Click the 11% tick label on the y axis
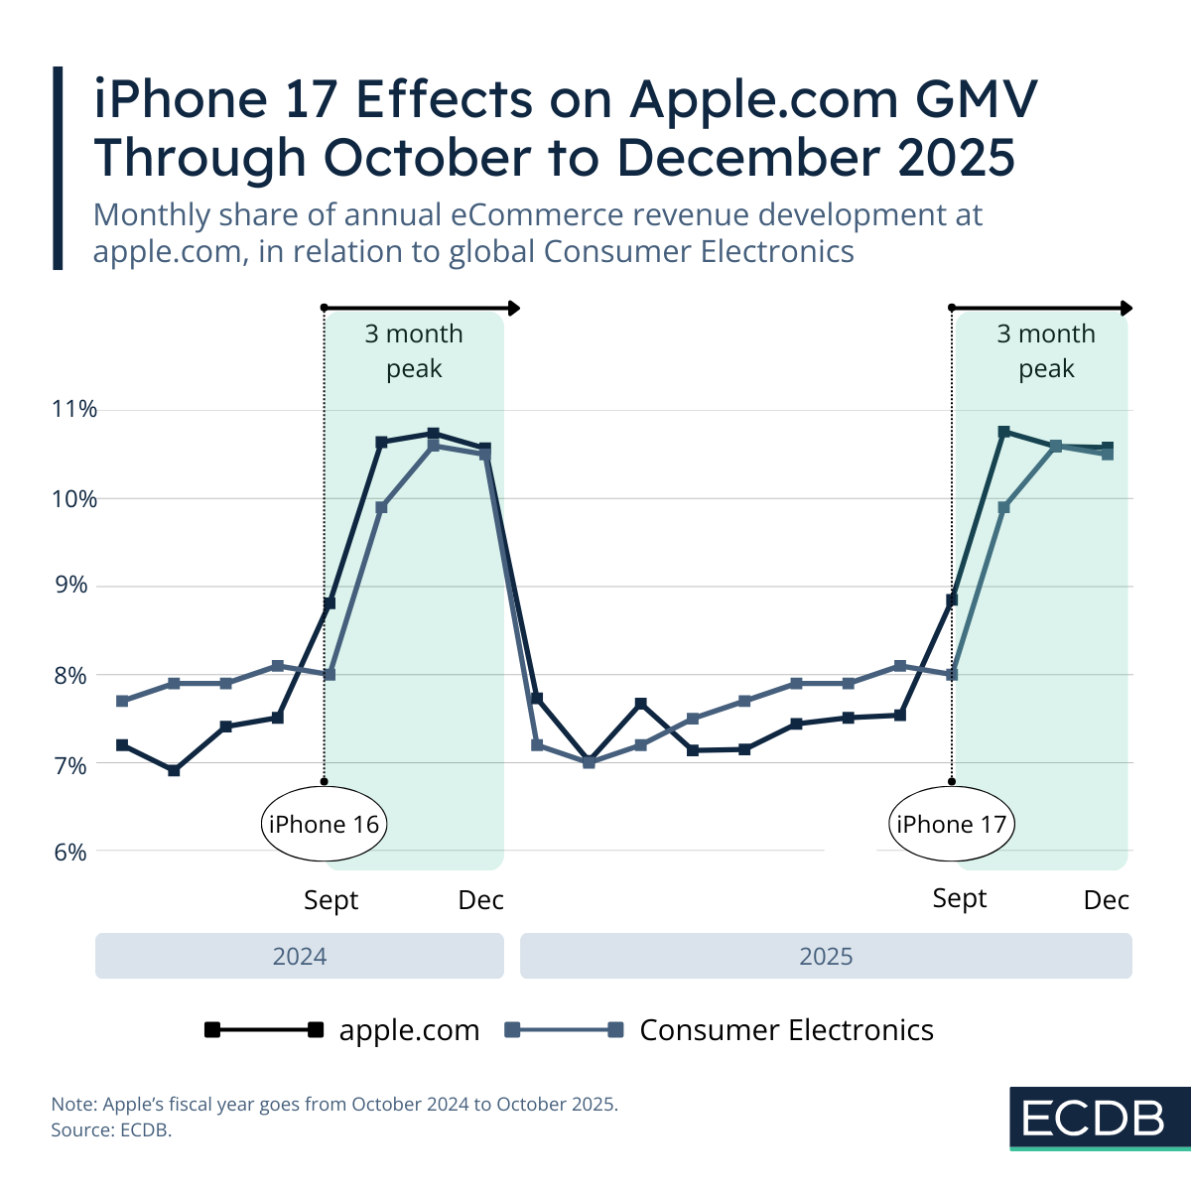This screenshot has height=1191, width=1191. pyautogui.click(x=73, y=409)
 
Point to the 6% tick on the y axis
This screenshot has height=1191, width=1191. pyautogui.click(x=70, y=853)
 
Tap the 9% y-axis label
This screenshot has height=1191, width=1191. pyautogui.click(x=70, y=586)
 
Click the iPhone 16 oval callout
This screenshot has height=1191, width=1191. pyautogui.click(x=324, y=824)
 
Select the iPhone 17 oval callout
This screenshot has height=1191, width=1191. pyautogui.click(x=951, y=824)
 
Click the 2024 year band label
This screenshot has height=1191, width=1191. pyautogui.click(x=300, y=956)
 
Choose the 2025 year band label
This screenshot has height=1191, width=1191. pyautogui.click(x=826, y=956)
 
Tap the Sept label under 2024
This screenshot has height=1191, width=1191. pyautogui.click(x=331, y=900)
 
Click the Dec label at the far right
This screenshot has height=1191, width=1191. pyautogui.click(x=1106, y=900)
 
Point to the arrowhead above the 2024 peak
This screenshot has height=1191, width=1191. pyautogui.click(x=513, y=309)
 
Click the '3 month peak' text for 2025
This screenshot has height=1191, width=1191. pyautogui.click(x=1046, y=351)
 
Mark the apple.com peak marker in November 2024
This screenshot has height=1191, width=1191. pyautogui.click(x=433, y=434)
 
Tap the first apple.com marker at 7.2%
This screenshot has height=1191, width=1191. pyautogui.click(x=122, y=744)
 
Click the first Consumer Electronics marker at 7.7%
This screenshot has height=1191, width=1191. pyautogui.click(x=122, y=701)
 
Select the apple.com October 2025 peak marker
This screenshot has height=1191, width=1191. pyautogui.click(x=1003, y=432)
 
